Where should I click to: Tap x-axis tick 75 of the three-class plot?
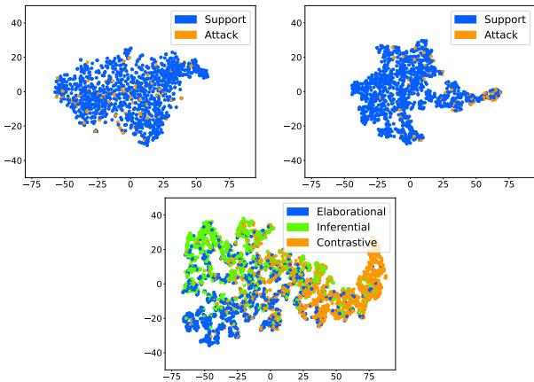pos(362,376)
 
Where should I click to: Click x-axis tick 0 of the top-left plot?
pos(130,184)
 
